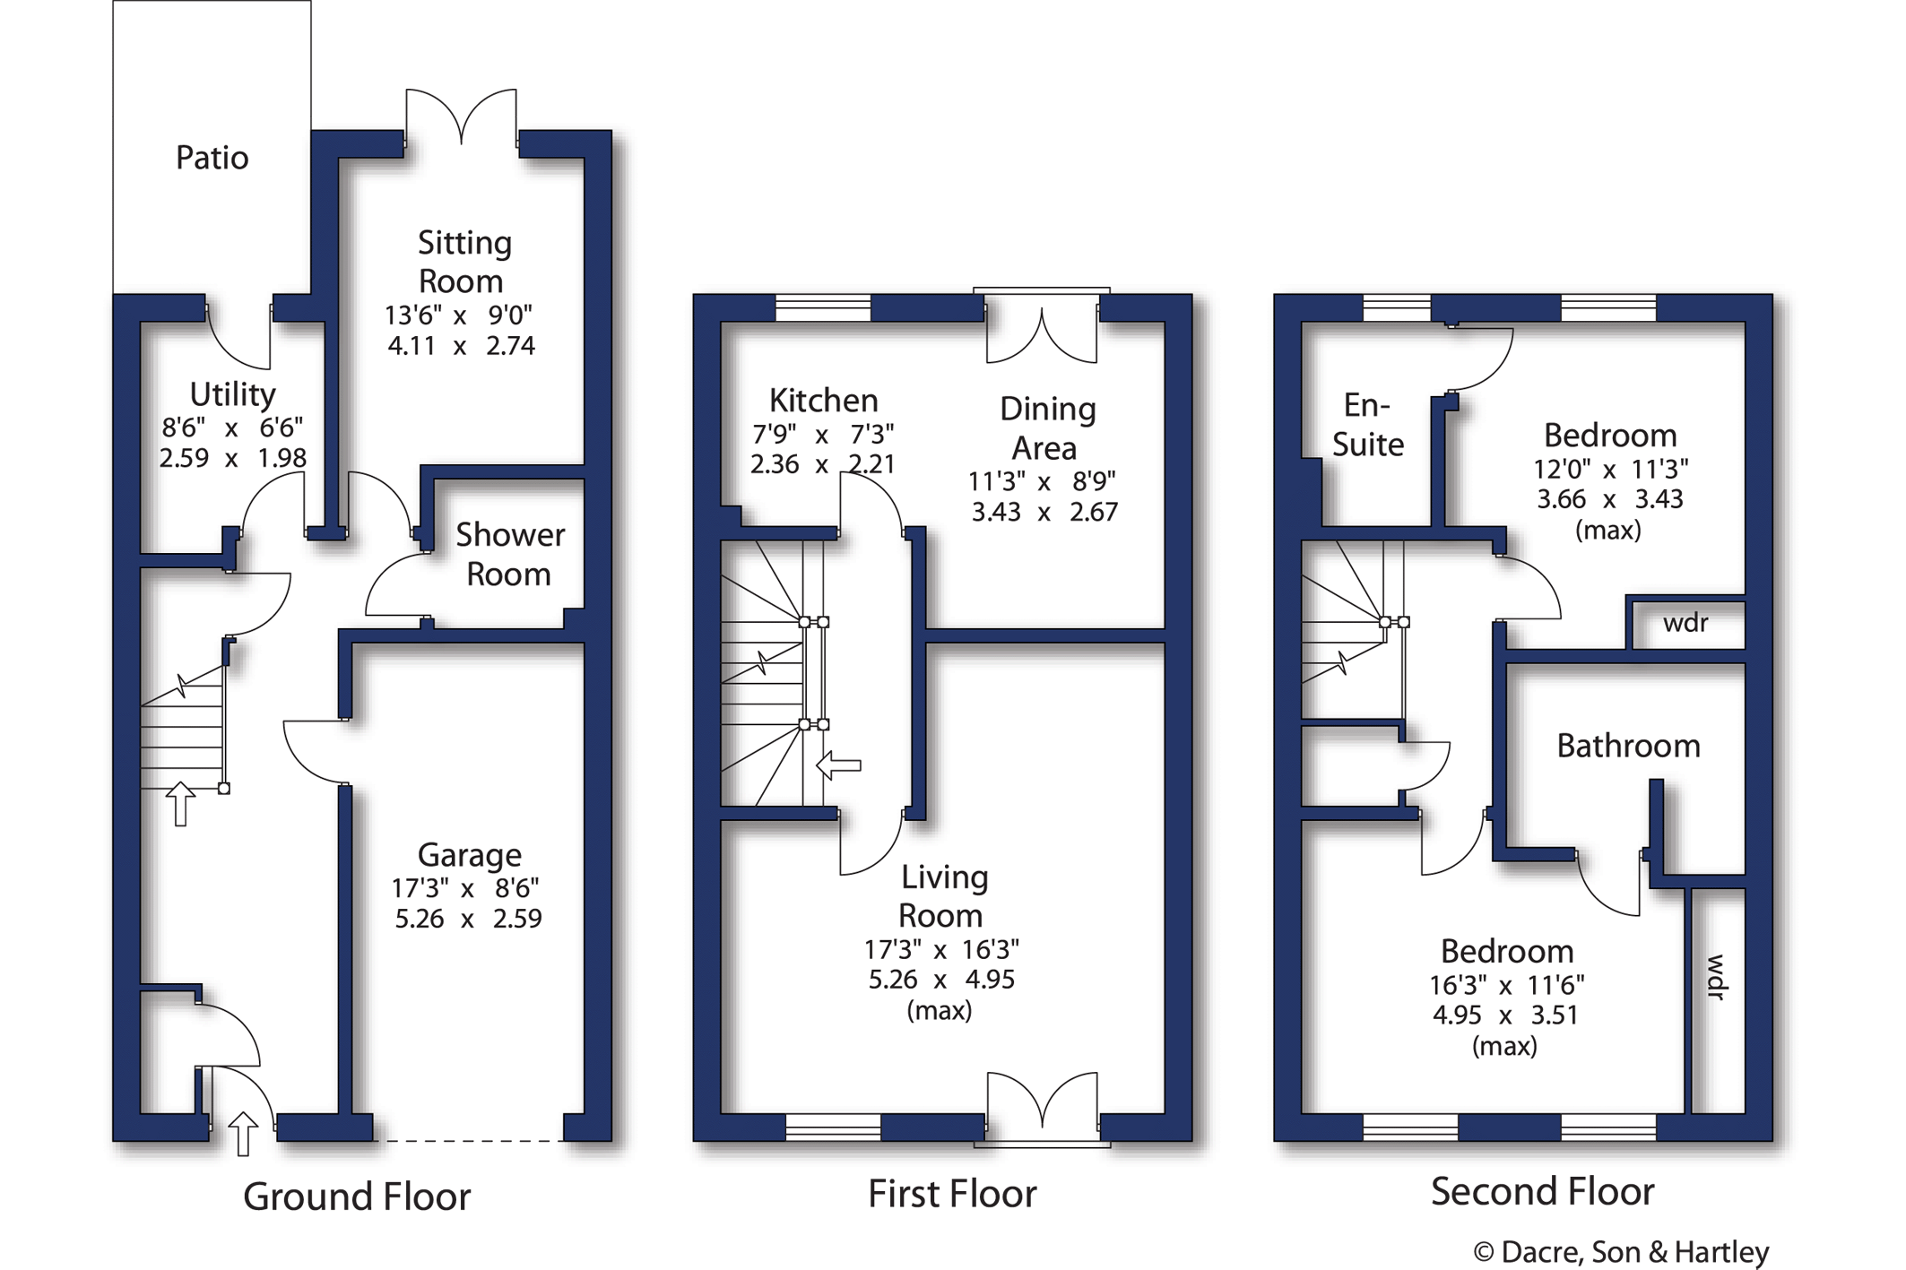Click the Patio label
coord(212,158)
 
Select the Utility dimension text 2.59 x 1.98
coord(233,458)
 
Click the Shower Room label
coord(509,554)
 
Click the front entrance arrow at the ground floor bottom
coord(243,1133)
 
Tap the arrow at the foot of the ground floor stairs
coord(181,803)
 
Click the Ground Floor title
coord(356,1197)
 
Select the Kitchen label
coord(823,401)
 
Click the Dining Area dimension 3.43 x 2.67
coord(1044,512)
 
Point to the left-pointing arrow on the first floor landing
coord(839,765)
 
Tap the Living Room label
coord(942,896)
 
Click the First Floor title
coord(951,1194)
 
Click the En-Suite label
coord(1367,425)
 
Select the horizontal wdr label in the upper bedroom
coord(1685,623)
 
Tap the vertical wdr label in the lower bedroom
coord(1715,977)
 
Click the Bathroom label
coord(1628,746)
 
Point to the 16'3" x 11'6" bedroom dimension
coord(1506,985)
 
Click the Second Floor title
coord(1541,1191)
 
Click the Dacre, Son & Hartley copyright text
coord(1621,1252)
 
